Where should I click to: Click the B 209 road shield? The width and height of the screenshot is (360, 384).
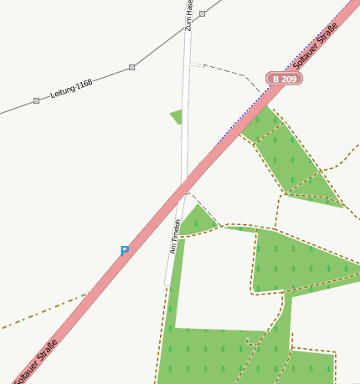pyautogui.click(x=284, y=79)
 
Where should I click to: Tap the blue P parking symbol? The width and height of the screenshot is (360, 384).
pyautogui.click(x=124, y=251)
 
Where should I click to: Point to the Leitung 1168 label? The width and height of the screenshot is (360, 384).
pyautogui.click(x=71, y=88)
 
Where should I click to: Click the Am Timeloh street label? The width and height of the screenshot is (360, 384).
pyautogui.click(x=176, y=236)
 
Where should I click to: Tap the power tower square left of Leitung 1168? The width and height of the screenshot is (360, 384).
pyautogui.click(x=36, y=100)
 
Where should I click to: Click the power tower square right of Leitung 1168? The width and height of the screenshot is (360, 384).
pyautogui.click(x=131, y=67)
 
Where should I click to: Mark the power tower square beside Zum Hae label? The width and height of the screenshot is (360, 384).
pyautogui.click(x=202, y=14)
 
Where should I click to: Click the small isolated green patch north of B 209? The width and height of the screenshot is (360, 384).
pyautogui.click(x=176, y=115)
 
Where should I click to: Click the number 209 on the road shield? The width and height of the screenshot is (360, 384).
pyautogui.click(x=288, y=79)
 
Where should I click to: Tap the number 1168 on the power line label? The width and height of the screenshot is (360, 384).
pyautogui.click(x=82, y=84)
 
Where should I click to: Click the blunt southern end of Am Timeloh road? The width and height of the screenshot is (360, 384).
pyautogui.click(x=168, y=283)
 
